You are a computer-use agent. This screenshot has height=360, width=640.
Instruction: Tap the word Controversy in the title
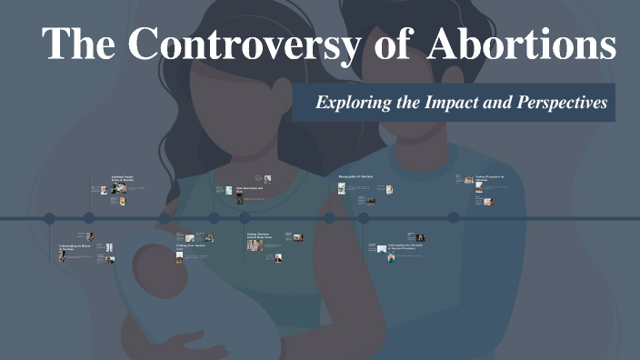click(230, 45)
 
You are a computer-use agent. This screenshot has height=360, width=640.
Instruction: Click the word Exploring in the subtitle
click(349, 103)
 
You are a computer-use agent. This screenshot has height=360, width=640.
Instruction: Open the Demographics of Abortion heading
click(355, 175)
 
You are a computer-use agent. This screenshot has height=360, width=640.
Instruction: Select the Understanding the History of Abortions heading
click(75, 246)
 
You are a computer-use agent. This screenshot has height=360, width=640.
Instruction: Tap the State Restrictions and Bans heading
click(249, 189)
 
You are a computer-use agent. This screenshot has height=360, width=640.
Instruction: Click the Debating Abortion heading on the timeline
click(259, 235)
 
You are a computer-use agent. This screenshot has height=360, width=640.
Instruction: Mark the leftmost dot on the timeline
click(50, 218)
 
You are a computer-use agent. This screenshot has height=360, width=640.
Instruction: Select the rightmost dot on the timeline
click(453, 218)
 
